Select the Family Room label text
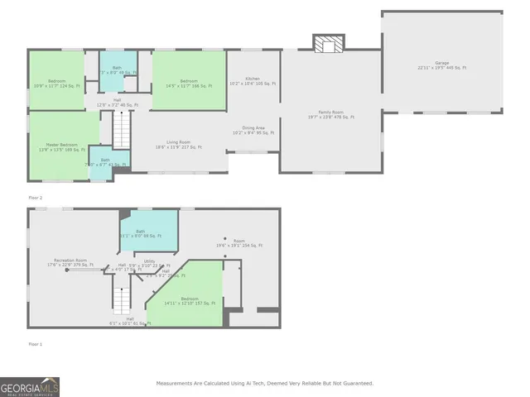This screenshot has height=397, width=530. [331, 114]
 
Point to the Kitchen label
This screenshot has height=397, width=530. [253, 80]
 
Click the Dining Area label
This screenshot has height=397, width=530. [253, 129]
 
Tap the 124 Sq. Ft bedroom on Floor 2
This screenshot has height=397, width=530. [56, 80]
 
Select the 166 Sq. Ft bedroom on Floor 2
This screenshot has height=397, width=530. [189, 82]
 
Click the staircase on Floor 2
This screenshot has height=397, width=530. [123, 130]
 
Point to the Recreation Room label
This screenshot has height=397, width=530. [72, 263]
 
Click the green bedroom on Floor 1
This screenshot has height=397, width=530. [189, 300]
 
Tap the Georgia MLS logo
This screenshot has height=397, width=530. [30, 387]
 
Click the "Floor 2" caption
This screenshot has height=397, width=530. [35, 198]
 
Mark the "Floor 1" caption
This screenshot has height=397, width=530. [35, 343]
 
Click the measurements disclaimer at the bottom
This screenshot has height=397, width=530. [265, 383]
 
